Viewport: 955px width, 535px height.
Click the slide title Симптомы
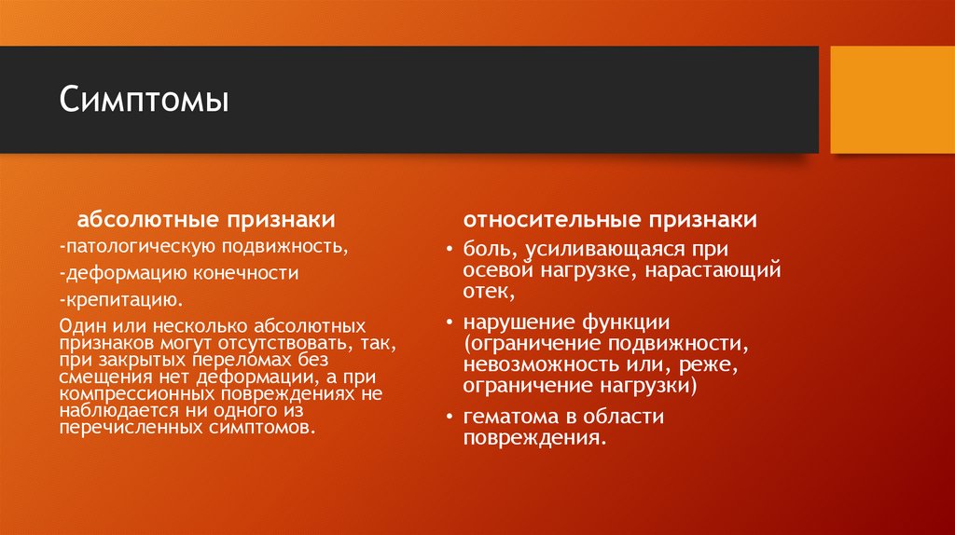(144, 100)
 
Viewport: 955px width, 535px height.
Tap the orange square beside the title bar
(892, 100)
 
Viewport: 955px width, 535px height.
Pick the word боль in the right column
(486, 250)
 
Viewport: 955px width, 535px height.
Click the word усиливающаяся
(596, 250)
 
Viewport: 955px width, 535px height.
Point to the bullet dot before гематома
(449, 417)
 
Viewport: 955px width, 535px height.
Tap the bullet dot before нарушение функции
(449, 323)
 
